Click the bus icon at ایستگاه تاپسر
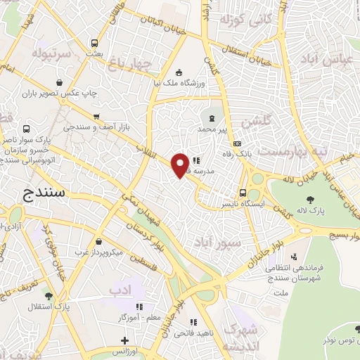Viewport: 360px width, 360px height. [x=243, y=192]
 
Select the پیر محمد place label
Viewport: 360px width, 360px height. [x=213, y=130]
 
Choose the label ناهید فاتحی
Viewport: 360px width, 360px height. [x=195, y=331]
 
